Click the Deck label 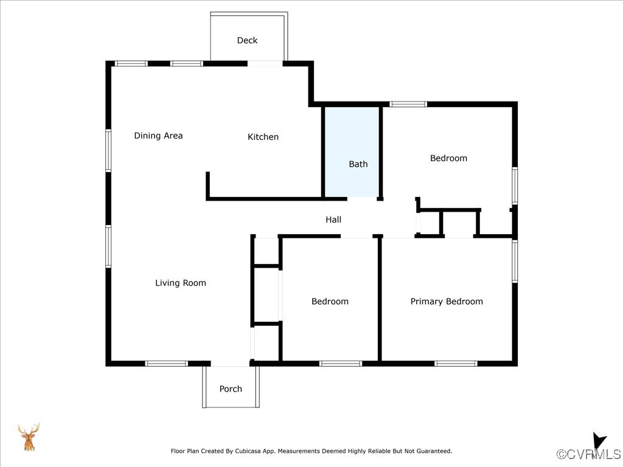(247, 40)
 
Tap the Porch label (231, 389)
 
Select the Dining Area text (158, 136)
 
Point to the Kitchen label (263, 137)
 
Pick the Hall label (333, 220)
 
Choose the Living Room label (181, 283)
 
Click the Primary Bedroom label (447, 301)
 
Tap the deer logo (28, 437)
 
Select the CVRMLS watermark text (589, 454)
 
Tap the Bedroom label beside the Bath (448, 158)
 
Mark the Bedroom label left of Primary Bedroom (330, 301)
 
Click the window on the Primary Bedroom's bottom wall (456, 364)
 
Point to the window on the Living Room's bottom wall (167, 364)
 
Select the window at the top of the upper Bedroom (408, 104)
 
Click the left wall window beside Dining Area (108, 150)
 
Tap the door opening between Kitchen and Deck (265, 63)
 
